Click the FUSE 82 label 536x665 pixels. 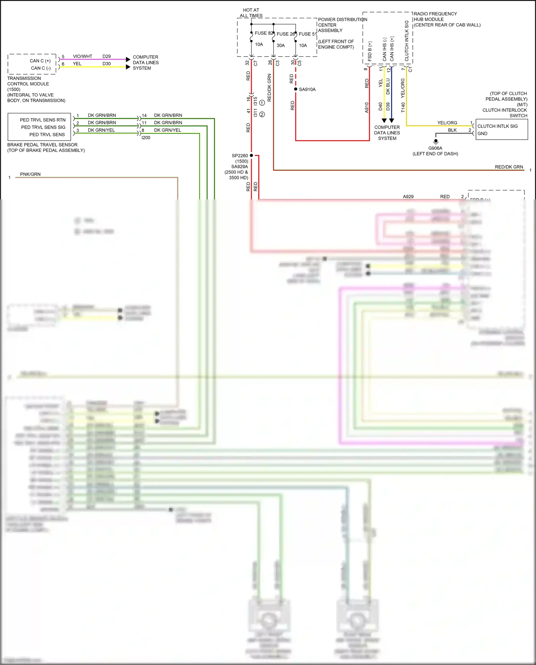point(263,33)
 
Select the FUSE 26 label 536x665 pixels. point(285,34)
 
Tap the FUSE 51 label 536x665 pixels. point(308,34)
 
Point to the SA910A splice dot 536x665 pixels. point(296,89)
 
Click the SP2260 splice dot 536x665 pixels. point(252,155)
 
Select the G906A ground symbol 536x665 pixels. point(436,141)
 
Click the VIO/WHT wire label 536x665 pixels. point(83,56)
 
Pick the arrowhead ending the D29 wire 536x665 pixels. point(128,59)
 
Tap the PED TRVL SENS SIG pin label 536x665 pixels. point(43,127)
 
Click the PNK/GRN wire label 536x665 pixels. point(30,174)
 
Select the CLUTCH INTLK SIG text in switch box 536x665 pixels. point(497,126)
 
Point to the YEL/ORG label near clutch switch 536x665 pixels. point(447,123)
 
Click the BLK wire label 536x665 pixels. point(452,130)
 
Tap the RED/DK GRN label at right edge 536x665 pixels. point(509,167)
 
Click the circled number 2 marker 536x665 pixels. point(262,114)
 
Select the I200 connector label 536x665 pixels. point(146,138)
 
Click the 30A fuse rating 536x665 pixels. point(281,45)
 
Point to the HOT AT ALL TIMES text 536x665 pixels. point(251,13)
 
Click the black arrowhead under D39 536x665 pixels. point(392,121)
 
